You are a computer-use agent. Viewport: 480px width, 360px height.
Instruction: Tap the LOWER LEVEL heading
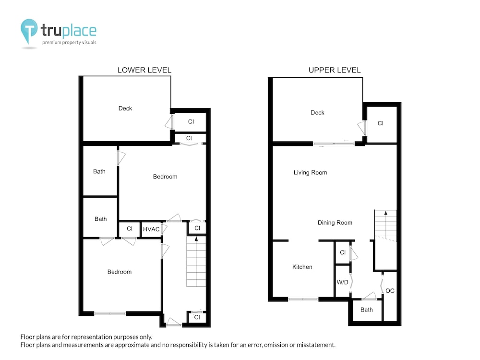pyautogui.click(x=144, y=70)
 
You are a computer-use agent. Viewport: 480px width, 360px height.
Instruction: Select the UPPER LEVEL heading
pyautogui.click(x=335, y=70)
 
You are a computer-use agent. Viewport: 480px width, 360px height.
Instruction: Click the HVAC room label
pyautogui.click(x=151, y=229)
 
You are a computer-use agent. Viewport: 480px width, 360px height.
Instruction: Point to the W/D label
pyautogui.click(x=343, y=282)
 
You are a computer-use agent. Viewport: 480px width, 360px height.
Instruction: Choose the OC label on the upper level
pyautogui.click(x=390, y=290)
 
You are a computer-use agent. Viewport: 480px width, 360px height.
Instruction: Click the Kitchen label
pyautogui.click(x=302, y=267)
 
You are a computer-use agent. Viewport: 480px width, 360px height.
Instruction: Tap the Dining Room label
pyautogui.click(x=335, y=223)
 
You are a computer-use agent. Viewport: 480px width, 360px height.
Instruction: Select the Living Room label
pyautogui.click(x=310, y=173)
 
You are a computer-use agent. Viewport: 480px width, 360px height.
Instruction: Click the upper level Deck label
pyautogui.click(x=317, y=113)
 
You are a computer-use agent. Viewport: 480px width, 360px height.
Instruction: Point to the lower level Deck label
pyautogui.click(x=125, y=108)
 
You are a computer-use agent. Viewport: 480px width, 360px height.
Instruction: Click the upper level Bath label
pyautogui.click(x=366, y=310)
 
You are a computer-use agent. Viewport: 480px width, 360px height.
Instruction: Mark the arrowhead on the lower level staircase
pyautogui.click(x=196, y=239)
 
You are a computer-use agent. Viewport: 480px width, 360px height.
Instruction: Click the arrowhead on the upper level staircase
pyautogui.click(x=386, y=213)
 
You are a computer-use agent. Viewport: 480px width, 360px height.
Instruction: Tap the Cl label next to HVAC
pyautogui.click(x=130, y=228)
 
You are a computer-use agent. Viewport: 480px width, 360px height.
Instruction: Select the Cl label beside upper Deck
pyautogui.click(x=381, y=123)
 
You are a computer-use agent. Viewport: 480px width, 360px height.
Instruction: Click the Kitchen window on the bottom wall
pyautogui.click(x=303, y=299)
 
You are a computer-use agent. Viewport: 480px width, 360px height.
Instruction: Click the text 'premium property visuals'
pyautogui.click(x=69, y=43)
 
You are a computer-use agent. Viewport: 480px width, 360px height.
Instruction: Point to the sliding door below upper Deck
pyautogui.click(x=334, y=144)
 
